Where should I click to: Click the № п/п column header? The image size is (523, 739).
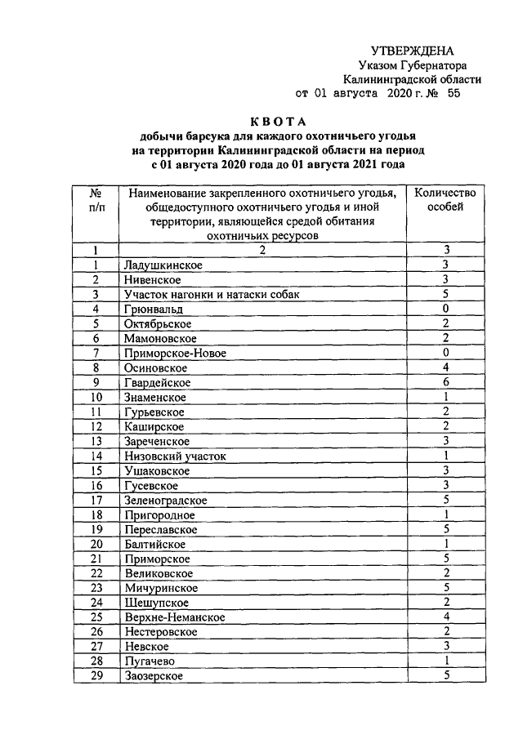pyautogui.click(x=96, y=199)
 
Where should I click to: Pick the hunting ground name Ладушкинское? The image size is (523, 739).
pyautogui.click(x=163, y=265)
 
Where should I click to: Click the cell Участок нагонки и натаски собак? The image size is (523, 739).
pyautogui.click(x=201, y=295)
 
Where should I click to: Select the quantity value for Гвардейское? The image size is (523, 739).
pyautogui.click(x=446, y=383)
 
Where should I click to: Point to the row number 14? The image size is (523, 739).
pyautogui.click(x=96, y=456)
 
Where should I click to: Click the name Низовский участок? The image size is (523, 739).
pyautogui.click(x=175, y=456)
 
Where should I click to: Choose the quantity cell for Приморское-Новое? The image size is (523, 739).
pyautogui.click(x=446, y=354)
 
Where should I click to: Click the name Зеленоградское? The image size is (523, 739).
pyautogui.click(x=166, y=501)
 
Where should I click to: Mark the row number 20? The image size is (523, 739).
pyautogui.click(x=96, y=545)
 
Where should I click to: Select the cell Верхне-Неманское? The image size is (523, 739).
pyautogui.click(x=175, y=618)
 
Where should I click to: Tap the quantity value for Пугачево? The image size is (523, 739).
pyautogui.click(x=446, y=662)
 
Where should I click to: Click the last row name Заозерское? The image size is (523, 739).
pyautogui.click(x=153, y=677)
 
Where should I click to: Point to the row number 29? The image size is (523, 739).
pyautogui.click(x=96, y=677)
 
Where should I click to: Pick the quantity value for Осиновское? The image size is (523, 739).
pyautogui.click(x=446, y=368)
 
